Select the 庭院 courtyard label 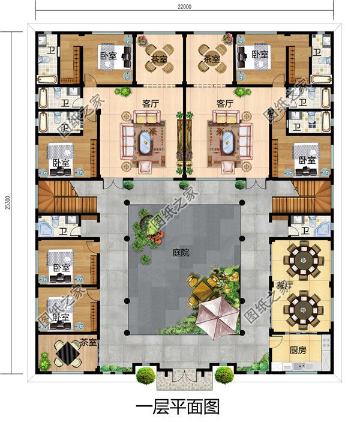181,253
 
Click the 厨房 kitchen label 298,351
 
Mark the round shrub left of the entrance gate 146,376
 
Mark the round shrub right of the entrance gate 224,376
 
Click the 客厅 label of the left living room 151,103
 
